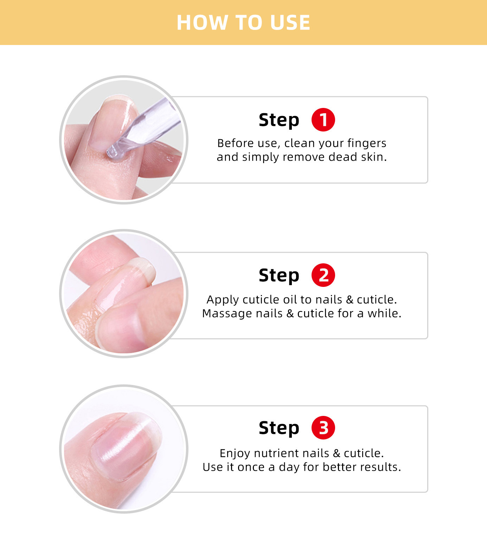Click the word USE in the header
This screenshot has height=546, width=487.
pyautogui.click(x=290, y=23)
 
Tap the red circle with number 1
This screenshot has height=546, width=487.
pyautogui.click(x=323, y=120)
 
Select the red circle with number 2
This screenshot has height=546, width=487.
pyautogui.click(x=323, y=275)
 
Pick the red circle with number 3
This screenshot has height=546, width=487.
pyautogui.click(x=323, y=428)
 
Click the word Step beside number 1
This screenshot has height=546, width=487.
pyautogui.click(x=279, y=121)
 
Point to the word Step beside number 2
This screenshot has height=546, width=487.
pyautogui.click(x=279, y=276)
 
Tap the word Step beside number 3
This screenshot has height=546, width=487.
pyautogui.click(x=279, y=429)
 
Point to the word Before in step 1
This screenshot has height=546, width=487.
pyautogui.click(x=235, y=143)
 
